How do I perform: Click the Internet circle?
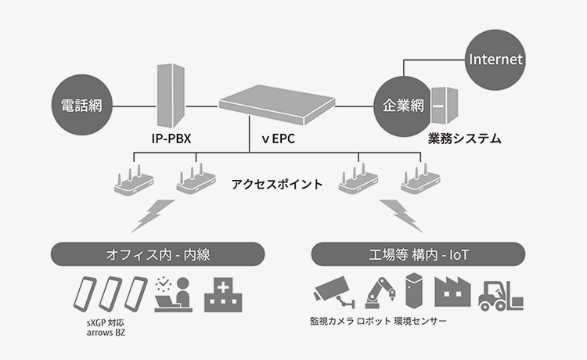(x=495, y=59)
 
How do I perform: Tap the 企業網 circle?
(x=402, y=104)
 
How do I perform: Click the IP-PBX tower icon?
(x=171, y=93)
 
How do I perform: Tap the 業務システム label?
(x=464, y=139)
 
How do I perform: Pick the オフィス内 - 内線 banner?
(x=157, y=254)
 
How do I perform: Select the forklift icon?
(x=500, y=293)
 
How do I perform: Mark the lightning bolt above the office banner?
(x=154, y=215)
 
